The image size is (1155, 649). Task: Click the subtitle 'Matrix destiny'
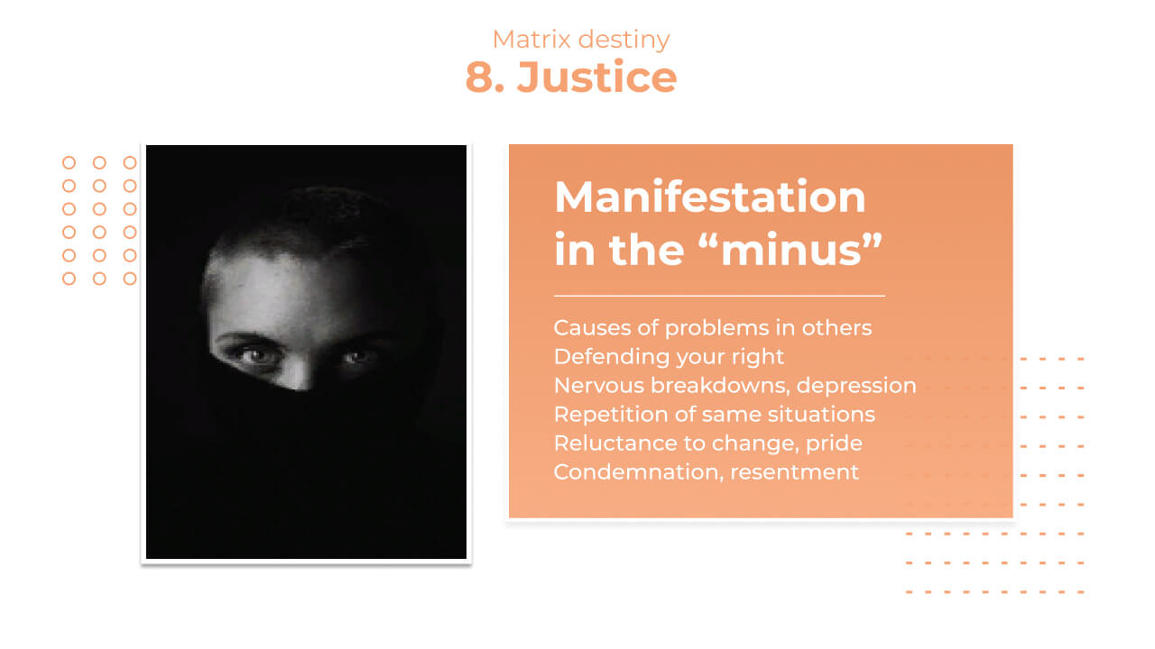581,40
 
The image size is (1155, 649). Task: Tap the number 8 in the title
479,78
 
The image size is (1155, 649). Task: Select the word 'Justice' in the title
596,77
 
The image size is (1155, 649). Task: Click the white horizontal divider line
719,297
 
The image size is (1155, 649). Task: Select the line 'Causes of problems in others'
713,328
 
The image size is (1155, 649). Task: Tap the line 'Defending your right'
669,357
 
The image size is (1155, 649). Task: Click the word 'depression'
856,387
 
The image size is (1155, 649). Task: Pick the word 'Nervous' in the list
598,386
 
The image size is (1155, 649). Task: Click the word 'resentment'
795,472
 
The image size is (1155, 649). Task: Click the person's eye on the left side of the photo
254,355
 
